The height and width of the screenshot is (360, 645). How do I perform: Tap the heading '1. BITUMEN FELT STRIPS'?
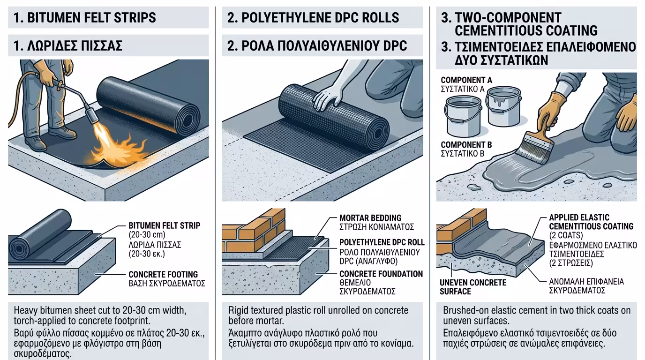(x=85, y=17)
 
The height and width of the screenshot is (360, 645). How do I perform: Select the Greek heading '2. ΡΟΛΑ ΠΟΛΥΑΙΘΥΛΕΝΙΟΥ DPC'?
(x=317, y=45)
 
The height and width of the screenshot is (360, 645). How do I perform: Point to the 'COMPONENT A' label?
(x=466, y=80)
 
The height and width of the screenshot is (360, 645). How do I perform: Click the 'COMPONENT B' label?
(x=466, y=144)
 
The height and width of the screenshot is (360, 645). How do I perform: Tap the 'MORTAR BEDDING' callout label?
(x=370, y=217)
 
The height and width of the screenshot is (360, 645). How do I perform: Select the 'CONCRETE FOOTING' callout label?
(x=163, y=274)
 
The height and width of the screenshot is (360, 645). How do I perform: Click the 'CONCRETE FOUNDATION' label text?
(x=381, y=274)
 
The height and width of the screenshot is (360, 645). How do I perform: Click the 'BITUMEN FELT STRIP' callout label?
(x=165, y=225)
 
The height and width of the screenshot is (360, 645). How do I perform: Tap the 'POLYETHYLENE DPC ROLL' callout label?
(x=382, y=242)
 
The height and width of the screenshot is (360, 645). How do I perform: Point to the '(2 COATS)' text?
(x=566, y=235)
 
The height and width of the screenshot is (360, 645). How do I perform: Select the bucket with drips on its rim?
(x=503, y=106)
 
